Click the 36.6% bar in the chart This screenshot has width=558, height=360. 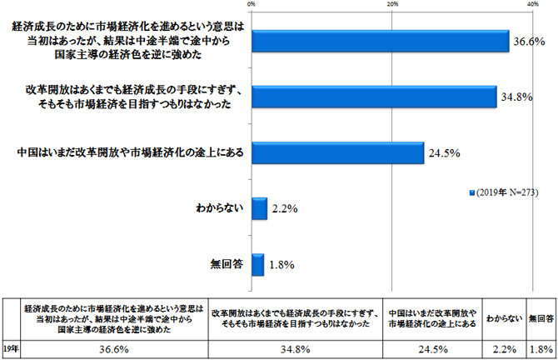click(x=380, y=41)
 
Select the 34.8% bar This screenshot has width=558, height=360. click(x=374, y=97)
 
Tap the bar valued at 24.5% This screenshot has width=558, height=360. click(x=337, y=152)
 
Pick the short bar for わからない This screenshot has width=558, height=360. click(x=258, y=209)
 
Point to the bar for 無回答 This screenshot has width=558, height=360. click(x=257, y=265)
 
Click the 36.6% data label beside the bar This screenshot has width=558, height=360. click(x=529, y=41)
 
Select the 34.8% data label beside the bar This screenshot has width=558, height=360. click(x=517, y=97)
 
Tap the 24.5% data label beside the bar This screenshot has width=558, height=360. click(x=444, y=153)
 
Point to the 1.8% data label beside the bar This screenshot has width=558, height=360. click(x=281, y=266)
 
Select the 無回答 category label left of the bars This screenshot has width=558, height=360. click(x=225, y=265)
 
